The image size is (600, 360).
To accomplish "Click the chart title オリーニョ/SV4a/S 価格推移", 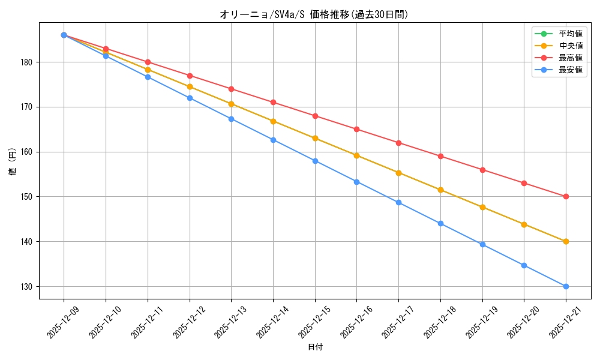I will point(314,14).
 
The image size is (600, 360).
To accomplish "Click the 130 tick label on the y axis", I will point(28,287).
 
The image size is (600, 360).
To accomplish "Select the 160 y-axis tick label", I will point(28,152).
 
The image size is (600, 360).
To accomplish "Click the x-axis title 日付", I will point(315,347).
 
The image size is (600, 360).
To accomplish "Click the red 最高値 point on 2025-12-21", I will point(566,197).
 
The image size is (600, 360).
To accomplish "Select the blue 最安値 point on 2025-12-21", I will point(566,286).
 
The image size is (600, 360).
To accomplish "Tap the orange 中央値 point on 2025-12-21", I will point(566,241).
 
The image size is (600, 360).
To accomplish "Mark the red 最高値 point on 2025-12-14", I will point(273,103).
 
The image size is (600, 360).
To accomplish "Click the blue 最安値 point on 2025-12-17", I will point(398,202).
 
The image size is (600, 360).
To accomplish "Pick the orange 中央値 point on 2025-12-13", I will point(231,104).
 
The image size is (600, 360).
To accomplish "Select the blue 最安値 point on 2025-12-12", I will point(190,98).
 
